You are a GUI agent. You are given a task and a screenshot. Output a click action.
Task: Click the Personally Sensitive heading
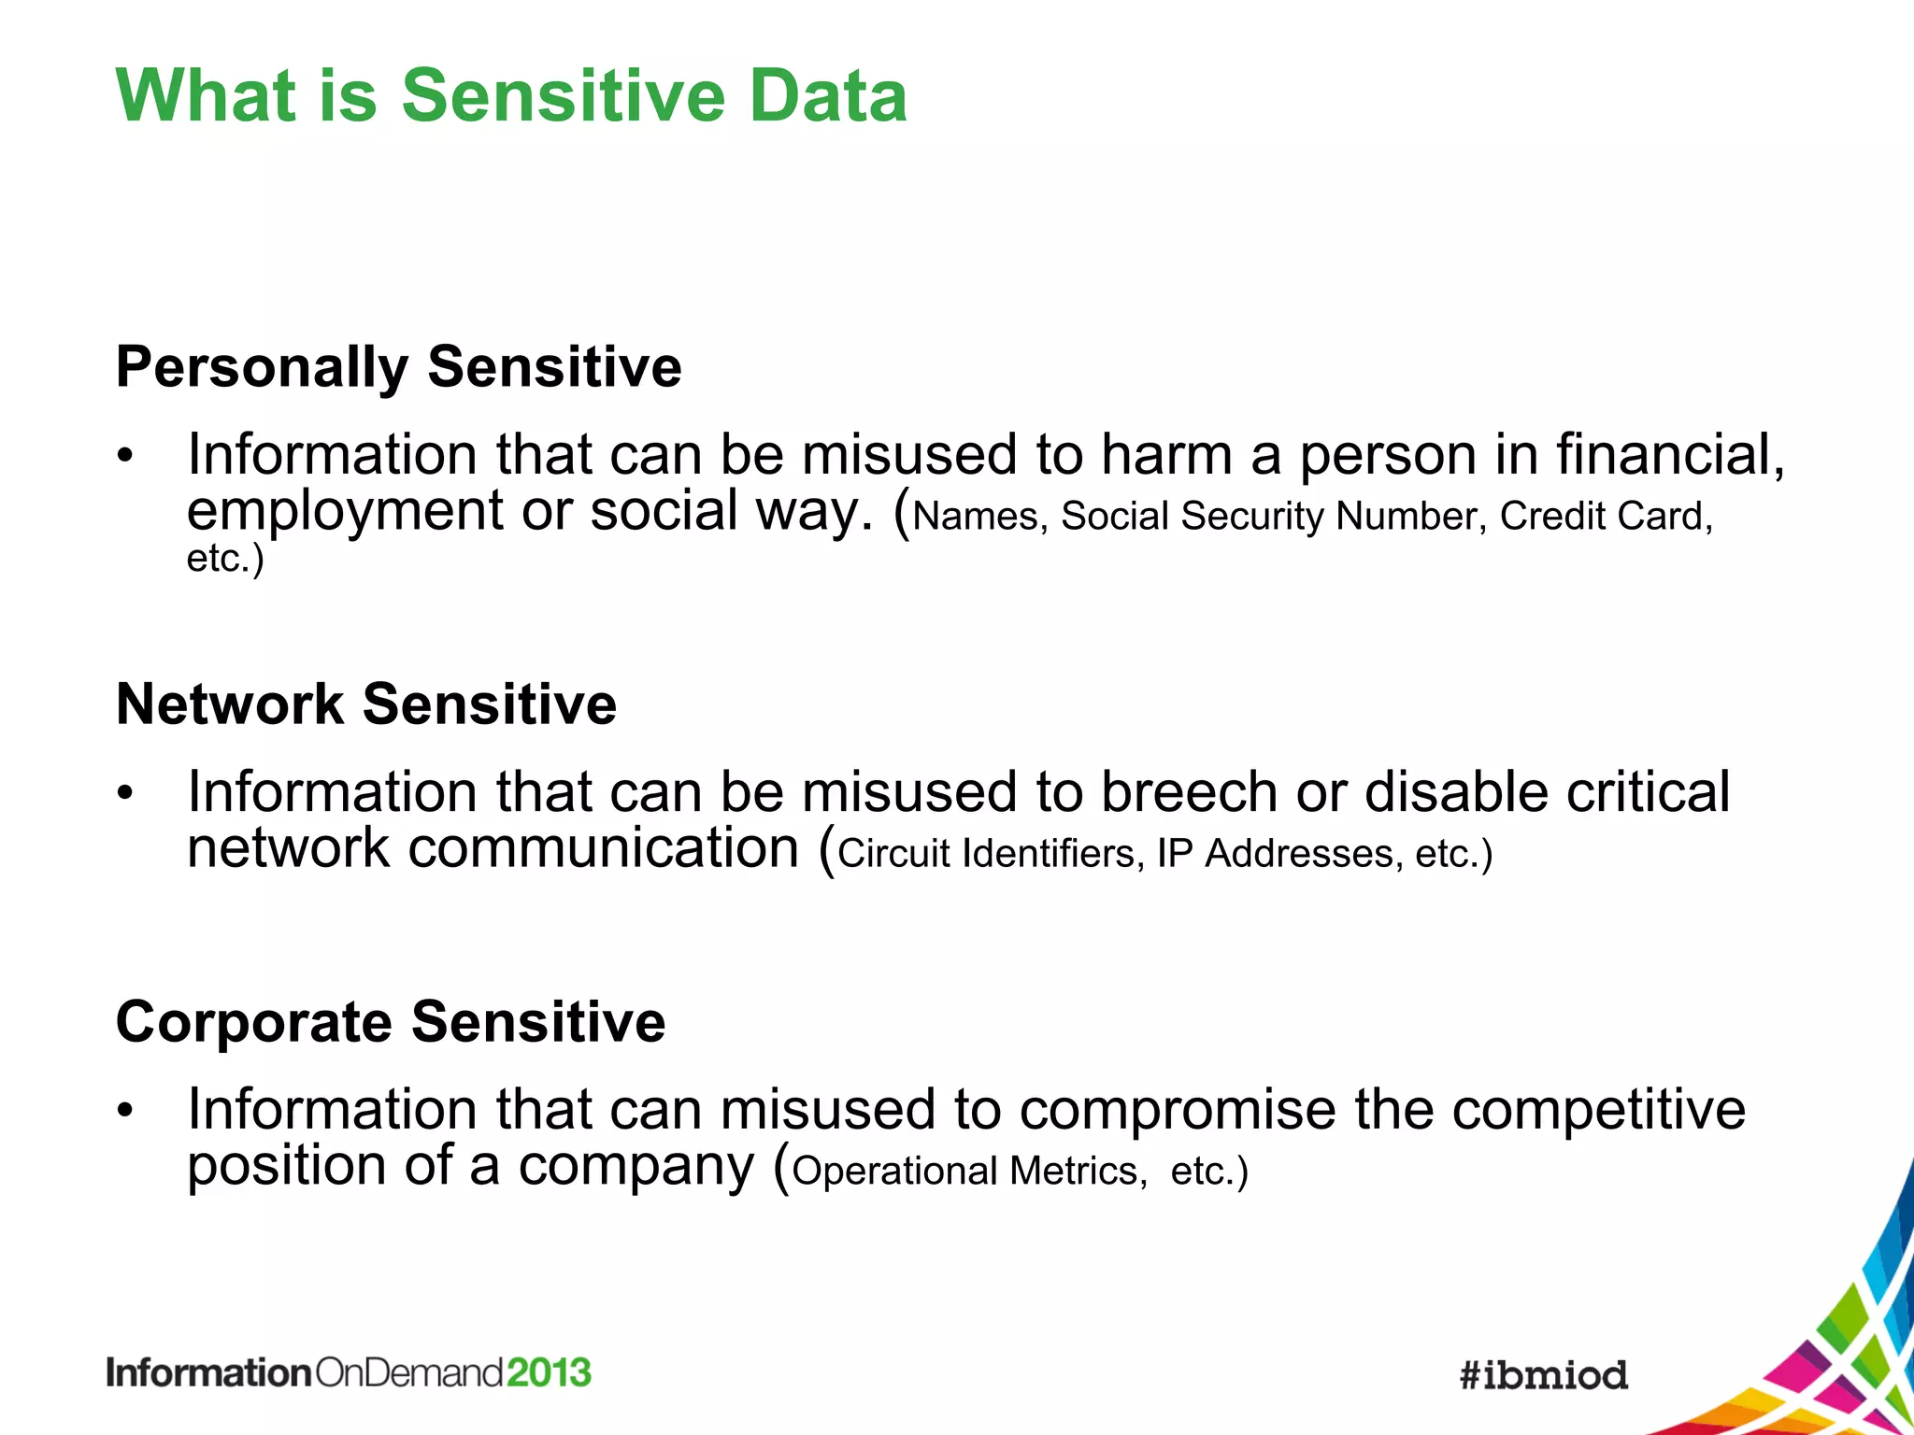tap(399, 366)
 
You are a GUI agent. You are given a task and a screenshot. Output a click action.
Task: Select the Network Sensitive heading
tap(366, 703)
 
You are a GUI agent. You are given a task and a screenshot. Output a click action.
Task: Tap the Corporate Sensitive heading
tap(391, 1021)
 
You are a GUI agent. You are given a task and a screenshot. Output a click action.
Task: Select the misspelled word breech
tap(1189, 792)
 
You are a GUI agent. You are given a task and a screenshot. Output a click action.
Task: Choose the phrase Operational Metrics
tap(969, 1171)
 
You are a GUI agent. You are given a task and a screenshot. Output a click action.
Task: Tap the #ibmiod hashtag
tap(1544, 1375)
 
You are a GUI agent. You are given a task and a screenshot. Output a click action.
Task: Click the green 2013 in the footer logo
tap(550, 1372)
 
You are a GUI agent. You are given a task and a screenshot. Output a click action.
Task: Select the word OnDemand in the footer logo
tap(409, 1372)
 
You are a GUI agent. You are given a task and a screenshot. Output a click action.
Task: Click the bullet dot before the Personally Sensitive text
tap(126, 457)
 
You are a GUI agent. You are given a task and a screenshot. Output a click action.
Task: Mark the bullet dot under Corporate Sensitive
tap(126, 1112)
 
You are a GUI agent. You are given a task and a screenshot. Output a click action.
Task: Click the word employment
tap(345, 512)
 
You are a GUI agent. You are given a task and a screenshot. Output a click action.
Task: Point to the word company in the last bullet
tap(636, 1167)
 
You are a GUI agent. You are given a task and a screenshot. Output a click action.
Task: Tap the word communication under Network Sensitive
tap(604, 848)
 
